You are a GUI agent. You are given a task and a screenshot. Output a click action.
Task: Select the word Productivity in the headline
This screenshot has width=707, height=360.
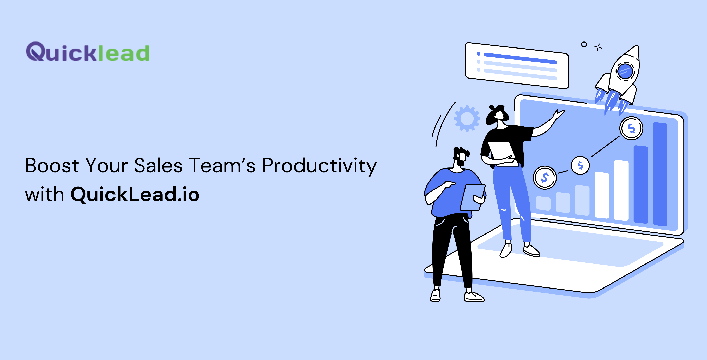pyautogui.click(x=319, y=167)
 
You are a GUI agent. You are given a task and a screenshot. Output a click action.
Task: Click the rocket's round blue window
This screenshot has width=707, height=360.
pyautogui.click(x=625, y=71)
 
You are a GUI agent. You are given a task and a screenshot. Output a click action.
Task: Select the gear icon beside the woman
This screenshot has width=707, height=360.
pyautogui.click(x=467, y=119)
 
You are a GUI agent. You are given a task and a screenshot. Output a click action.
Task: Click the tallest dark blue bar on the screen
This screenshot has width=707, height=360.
pyautogui.click(x=660, y=174)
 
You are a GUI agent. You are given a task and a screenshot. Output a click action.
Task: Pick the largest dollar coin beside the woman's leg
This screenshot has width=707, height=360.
pyautogui.click(x=545, y=178)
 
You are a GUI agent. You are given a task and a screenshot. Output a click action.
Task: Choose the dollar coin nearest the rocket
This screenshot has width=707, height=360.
pyautogui.click(x=631, y=128)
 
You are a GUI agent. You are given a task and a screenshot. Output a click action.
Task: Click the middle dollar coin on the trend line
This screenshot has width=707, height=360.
pyautogui.click(x=580, y=165)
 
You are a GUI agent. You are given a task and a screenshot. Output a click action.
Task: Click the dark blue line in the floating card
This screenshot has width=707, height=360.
pyautogui.click(x=520, y=58)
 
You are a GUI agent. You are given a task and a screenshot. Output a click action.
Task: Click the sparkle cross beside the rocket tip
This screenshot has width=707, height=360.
pyautogui.click(x=598, y=47)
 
